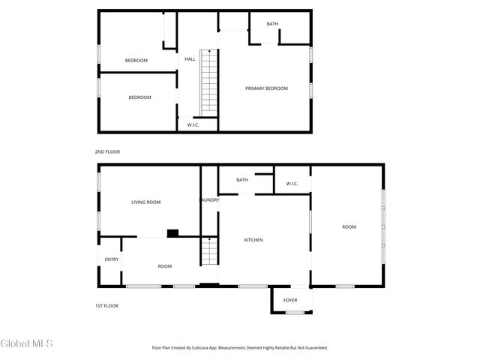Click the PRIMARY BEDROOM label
(267, 88)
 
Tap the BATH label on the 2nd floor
(272, 24)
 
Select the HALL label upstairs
(190, 59)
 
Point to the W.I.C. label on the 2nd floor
(193, 124)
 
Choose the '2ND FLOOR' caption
(107, 152)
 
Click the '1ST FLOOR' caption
(106, 306)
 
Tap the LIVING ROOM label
(146, 202)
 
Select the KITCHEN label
(253, 240)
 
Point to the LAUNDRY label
(209, 199)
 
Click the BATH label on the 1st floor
(242, 180)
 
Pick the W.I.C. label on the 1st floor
(292, 184)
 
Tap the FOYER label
(290, 301)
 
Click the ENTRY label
(112, 259)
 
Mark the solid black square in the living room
(172, 233)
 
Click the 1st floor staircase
(208, 250)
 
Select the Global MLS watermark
(27, 344)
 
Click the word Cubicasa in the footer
(200, 348)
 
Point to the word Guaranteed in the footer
(314, 348)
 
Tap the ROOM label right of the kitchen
(349, 226)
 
